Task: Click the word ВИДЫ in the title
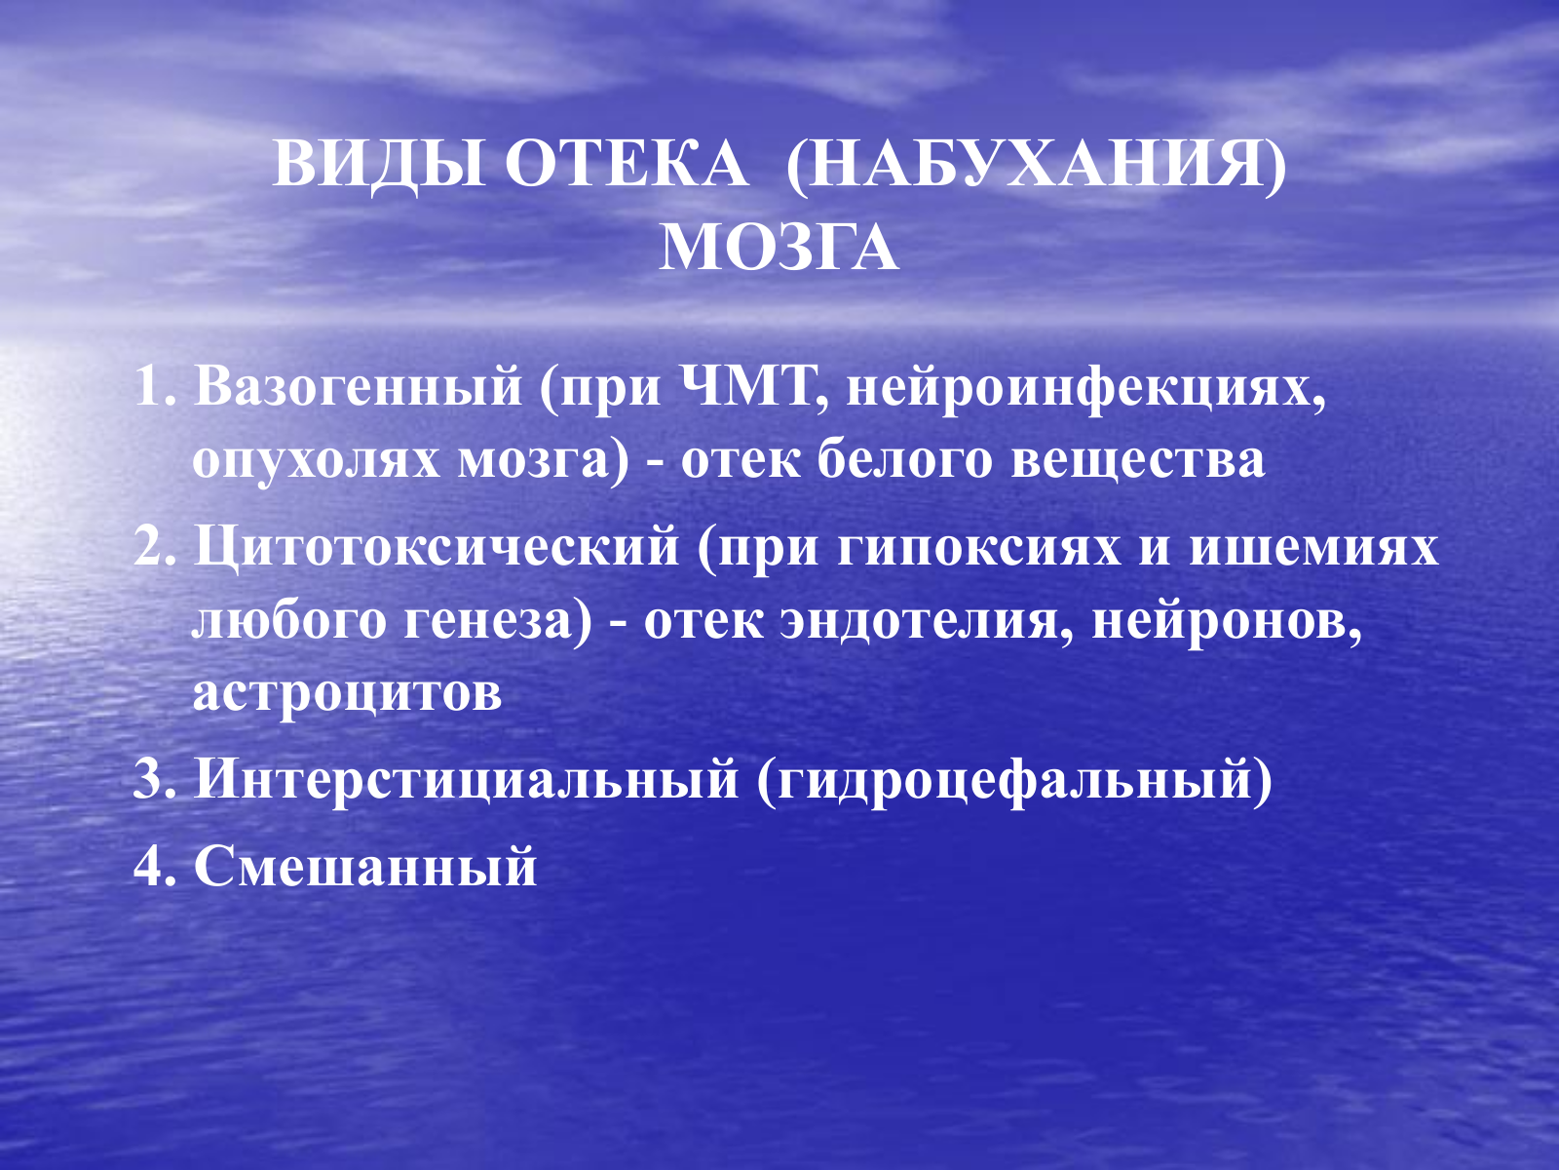pyautogui.click(x=379, y=164)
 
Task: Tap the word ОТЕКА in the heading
pyautogui.click(x=627, y=164)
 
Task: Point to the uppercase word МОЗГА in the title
pyautogui.click(x=779, y=248)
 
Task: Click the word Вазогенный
pyautogui.click(x=358, y=388)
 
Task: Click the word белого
pyautogui.click(x=904, y=460)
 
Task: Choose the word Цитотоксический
pyautogui.click(x=437, y=548)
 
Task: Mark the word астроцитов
pyautogui.click(x=347, y=693)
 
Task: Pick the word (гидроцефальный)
pyautogui.click(x=1014, y=781)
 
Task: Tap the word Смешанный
pyautogui.click(x=365, y=865)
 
